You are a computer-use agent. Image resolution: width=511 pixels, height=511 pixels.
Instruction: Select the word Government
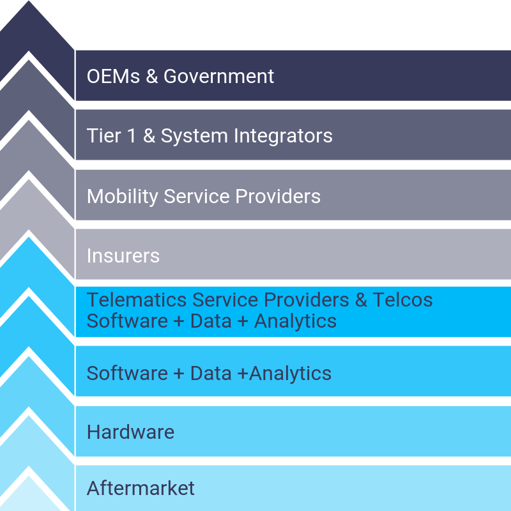coord(219,77)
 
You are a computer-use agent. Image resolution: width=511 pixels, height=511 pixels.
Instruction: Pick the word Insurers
coord(123,256)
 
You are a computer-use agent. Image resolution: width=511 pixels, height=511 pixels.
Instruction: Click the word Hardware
coord(130,432)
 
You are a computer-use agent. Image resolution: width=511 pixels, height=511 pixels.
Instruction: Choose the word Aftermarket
coord(141,489)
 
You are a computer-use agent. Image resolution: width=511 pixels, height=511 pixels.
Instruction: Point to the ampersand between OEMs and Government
coord(151,77)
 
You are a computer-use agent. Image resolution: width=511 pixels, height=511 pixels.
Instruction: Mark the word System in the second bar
coord(194,136)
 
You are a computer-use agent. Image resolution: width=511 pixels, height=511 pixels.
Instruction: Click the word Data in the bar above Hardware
coord(210,373)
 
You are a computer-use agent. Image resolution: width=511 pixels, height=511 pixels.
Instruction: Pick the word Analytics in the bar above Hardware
coord(291,373)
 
